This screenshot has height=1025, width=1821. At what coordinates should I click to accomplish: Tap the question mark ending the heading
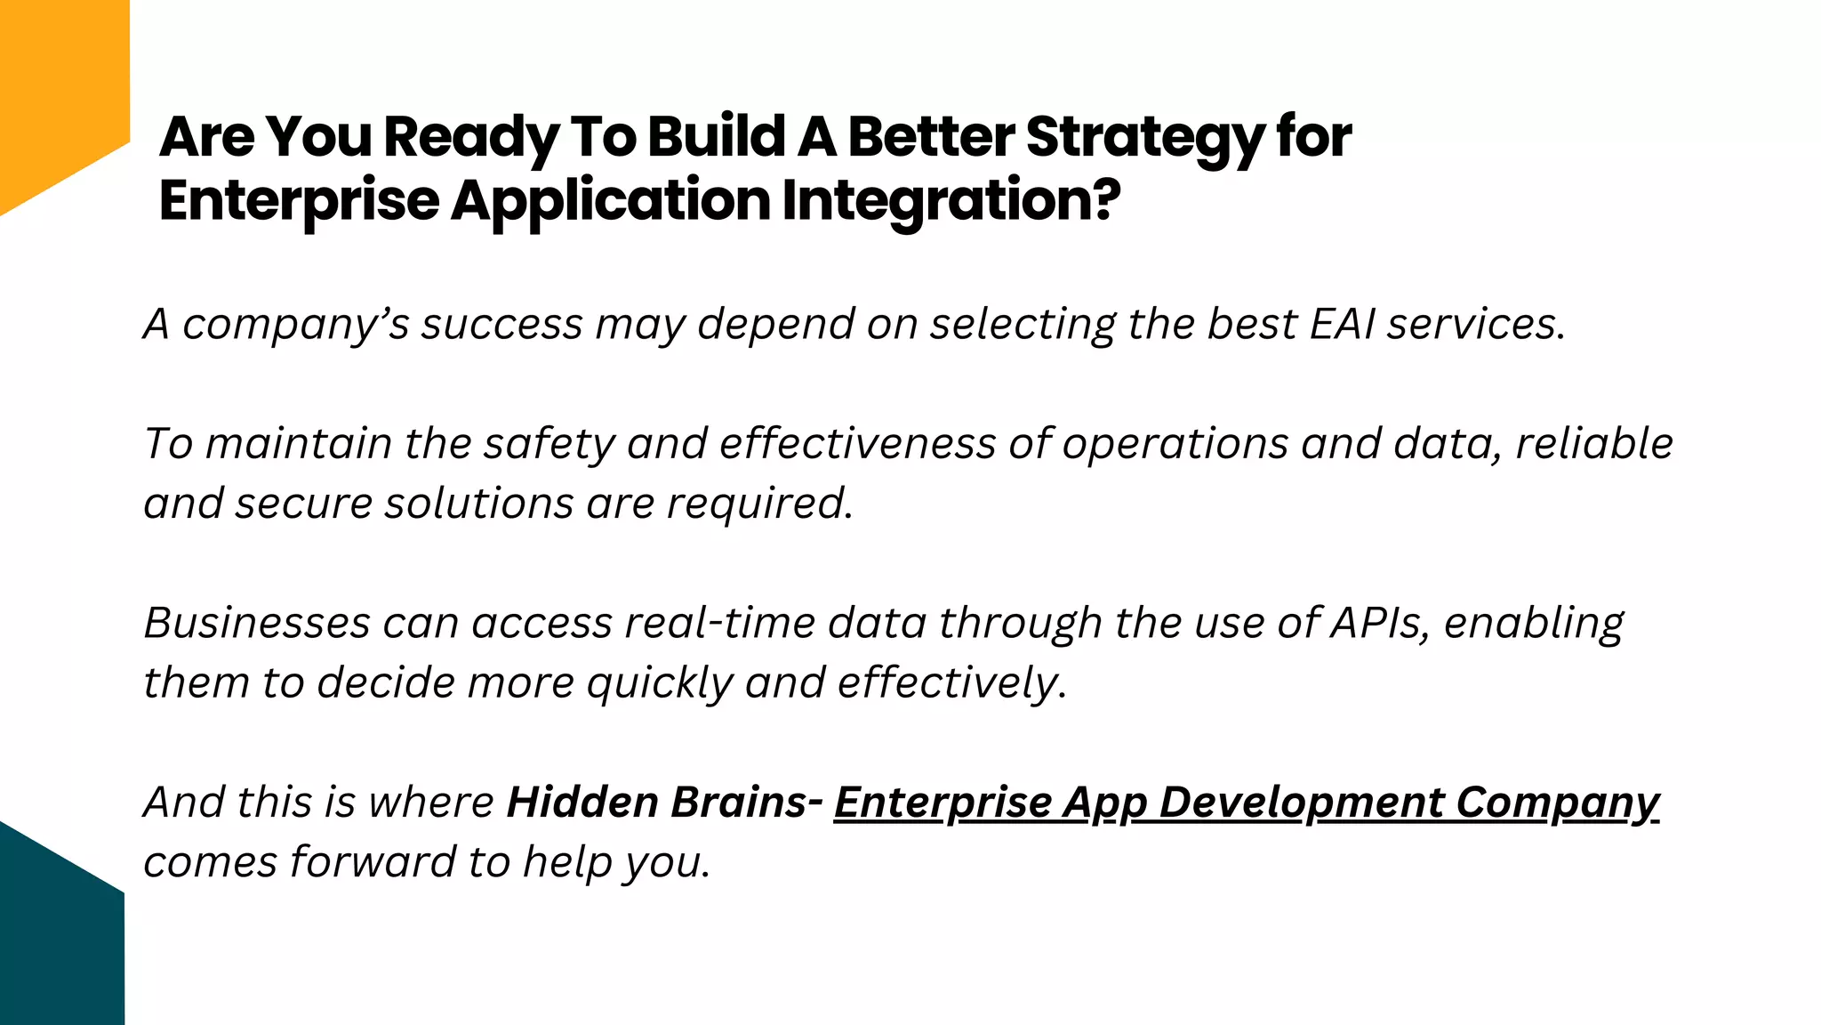1103,199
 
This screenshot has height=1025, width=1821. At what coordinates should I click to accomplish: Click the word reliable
1593,444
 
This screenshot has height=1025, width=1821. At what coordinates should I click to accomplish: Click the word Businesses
257,623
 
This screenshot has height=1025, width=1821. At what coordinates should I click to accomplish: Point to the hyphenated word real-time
719,623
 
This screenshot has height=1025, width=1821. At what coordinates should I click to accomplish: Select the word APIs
1380,623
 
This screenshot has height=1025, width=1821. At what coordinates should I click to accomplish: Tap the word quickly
659,684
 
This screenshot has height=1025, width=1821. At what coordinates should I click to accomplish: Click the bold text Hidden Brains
656,802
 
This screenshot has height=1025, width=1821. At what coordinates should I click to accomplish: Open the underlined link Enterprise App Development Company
1246,803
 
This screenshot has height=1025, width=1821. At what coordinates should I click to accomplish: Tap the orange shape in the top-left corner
53,89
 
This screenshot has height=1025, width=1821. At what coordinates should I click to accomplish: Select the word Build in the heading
717,138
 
